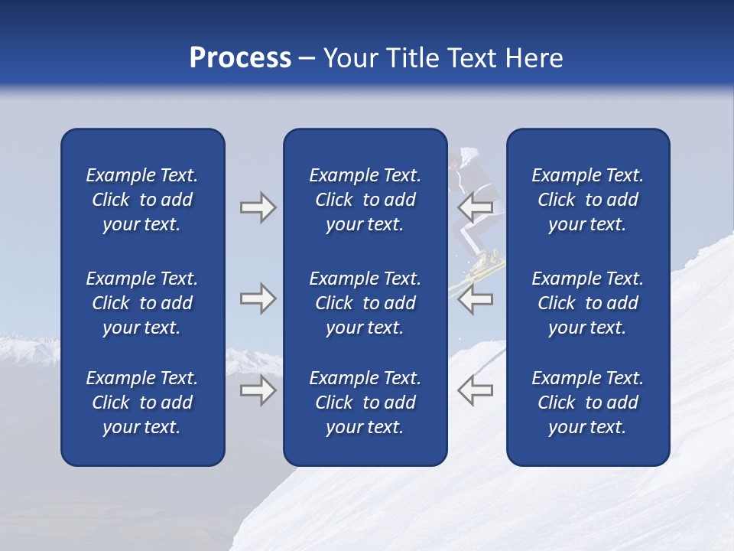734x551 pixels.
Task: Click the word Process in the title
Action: [240, 58]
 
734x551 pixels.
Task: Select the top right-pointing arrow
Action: [258, 207]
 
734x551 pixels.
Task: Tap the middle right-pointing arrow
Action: [258, 298]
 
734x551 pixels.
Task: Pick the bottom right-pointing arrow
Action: [258, 390]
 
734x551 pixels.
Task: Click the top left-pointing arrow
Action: [475, 207]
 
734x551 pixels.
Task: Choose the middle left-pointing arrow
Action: [475, 298]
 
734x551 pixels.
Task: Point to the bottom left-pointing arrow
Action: [475, 390]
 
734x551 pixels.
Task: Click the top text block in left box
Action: [142, 200]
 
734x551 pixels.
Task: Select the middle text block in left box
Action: [142, 303]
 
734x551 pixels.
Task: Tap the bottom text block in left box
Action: [142, 403]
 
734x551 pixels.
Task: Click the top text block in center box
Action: [365, 200]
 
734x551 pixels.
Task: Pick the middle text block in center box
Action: [365, 303]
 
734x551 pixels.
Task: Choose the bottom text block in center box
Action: [365, 403]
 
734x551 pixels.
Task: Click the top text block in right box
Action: [587, 200]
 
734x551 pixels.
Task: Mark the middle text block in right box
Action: [587, 303]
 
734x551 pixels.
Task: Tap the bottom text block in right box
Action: [587, 403]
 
